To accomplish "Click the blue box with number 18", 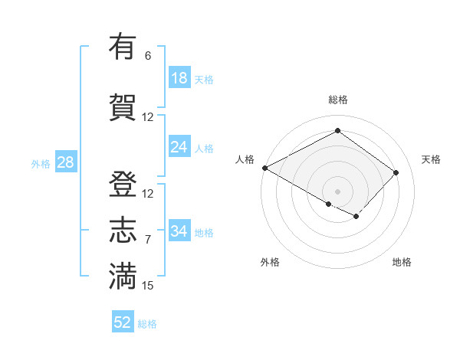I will (179, 78).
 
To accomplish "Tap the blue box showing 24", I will (179, 147).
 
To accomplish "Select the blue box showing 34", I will (179, 231).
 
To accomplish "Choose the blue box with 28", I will (64, 162).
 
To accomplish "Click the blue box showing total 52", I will (123, 322).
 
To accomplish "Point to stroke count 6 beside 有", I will (148, 56).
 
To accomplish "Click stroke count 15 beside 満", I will (148, 286).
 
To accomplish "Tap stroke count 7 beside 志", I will (148, 240).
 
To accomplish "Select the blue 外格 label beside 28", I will (41, 163).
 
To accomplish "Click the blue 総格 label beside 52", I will (147, 324).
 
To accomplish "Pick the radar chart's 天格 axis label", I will (431, 159).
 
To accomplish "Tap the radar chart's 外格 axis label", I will (270, 262).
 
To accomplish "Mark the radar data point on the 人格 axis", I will (264, 168).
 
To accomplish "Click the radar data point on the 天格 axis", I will (396, 172).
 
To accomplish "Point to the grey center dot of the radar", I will (337, 191).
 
